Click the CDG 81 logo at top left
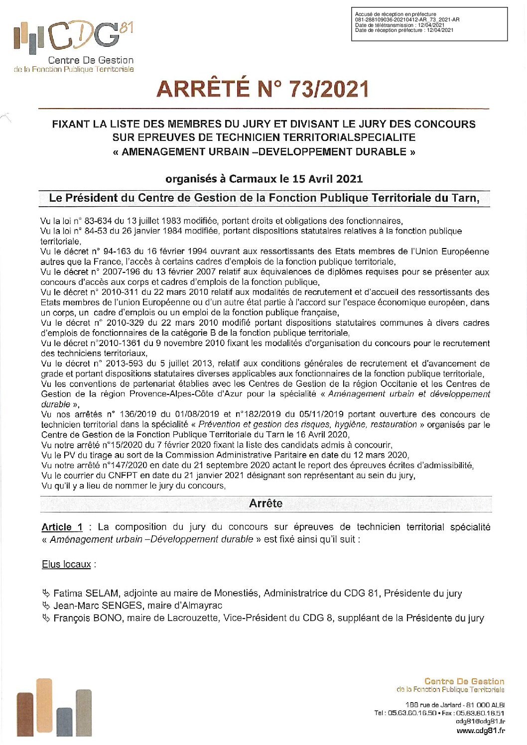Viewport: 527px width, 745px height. pos(74,46)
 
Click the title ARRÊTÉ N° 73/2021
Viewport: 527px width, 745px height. pos(263,89)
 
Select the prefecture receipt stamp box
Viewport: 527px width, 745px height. pos(429,23)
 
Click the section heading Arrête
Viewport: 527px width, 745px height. pos(265,503)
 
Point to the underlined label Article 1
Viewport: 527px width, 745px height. pos(62,527)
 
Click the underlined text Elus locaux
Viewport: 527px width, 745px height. pos(66,564)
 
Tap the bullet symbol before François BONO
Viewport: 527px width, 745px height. pos(46,618)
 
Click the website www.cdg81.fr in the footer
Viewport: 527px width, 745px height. pos(480,731)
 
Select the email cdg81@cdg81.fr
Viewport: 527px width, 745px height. pos(480,721)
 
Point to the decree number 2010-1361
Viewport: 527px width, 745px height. pos(123,343)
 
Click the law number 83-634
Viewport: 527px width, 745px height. pos(98,221)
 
